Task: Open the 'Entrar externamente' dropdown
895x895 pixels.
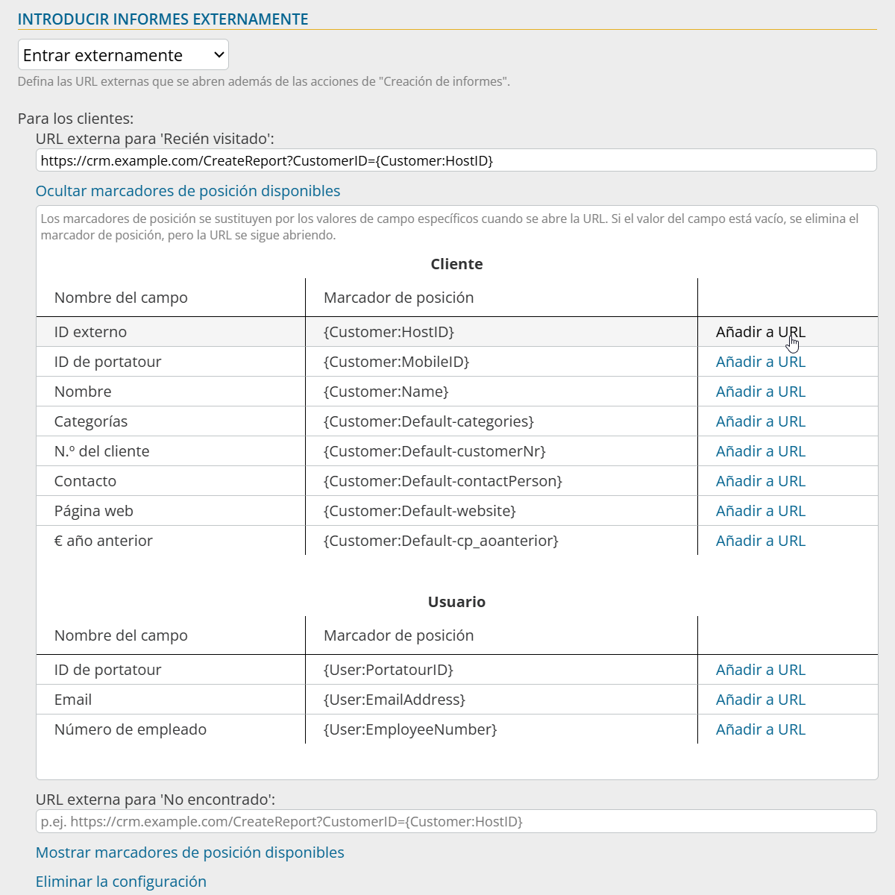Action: (x=123, y=55)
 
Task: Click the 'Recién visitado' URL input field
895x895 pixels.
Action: (x=455, y=160)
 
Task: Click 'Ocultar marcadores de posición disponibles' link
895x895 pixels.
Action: (x=188, y=191)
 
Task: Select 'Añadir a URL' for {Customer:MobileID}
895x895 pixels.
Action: (x=760, y=362)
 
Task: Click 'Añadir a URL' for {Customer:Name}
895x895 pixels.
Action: (x=760, y=392)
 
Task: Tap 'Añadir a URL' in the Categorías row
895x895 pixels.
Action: (x=760, y=421)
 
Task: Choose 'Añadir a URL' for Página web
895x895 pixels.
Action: (x=760, y=511)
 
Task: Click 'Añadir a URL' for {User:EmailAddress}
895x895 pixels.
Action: (x=760, y=700)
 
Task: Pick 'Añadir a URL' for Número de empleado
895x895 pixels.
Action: (x=760, y=729)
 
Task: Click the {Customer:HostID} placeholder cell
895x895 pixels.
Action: (x=389, y=332)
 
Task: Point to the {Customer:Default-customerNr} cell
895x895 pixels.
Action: (x=434, y=451)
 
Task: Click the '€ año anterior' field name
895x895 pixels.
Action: (x=104, y=541)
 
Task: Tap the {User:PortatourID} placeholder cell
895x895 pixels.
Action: (x=388, y=670)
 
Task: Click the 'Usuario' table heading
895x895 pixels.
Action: (x=456, y=602)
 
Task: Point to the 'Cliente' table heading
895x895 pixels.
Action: (x=456, y=264)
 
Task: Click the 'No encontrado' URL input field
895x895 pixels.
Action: (x=455, y=821)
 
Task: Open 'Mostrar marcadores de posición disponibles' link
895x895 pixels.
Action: (x=190, y=852)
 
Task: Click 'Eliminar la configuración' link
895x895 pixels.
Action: (x=121, y=882)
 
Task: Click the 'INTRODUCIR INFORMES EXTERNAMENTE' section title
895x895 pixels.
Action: (x=163, y=19)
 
